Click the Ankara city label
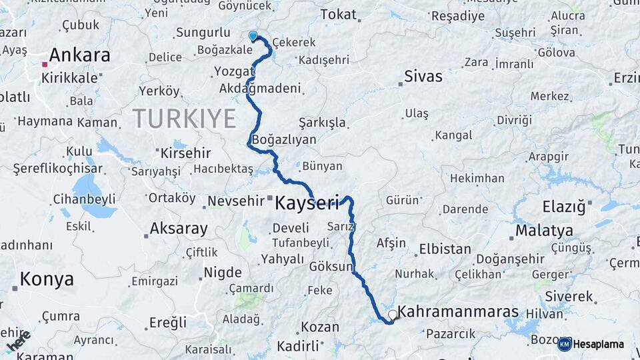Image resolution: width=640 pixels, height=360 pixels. click(79, 55)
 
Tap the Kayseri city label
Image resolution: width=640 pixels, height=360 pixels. click(307, 203)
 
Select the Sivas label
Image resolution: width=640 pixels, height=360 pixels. click(423, 77)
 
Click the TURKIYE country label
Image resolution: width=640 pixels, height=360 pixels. click(185, 119)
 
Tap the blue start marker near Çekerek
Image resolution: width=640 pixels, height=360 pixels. click(253, 36)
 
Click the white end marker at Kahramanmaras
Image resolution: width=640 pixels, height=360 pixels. click(392, 313)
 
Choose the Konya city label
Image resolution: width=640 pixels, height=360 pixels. click(47, 279)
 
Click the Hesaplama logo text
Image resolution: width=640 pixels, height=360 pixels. click(599, 345)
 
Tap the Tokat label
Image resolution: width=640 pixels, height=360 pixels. click(339, 14)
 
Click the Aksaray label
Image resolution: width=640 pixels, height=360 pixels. click(179, 229)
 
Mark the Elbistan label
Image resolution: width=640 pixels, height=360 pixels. click(445, 249)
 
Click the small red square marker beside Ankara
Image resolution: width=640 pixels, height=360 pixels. click(45, 64)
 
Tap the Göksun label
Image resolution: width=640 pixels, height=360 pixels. click(331, 266)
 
